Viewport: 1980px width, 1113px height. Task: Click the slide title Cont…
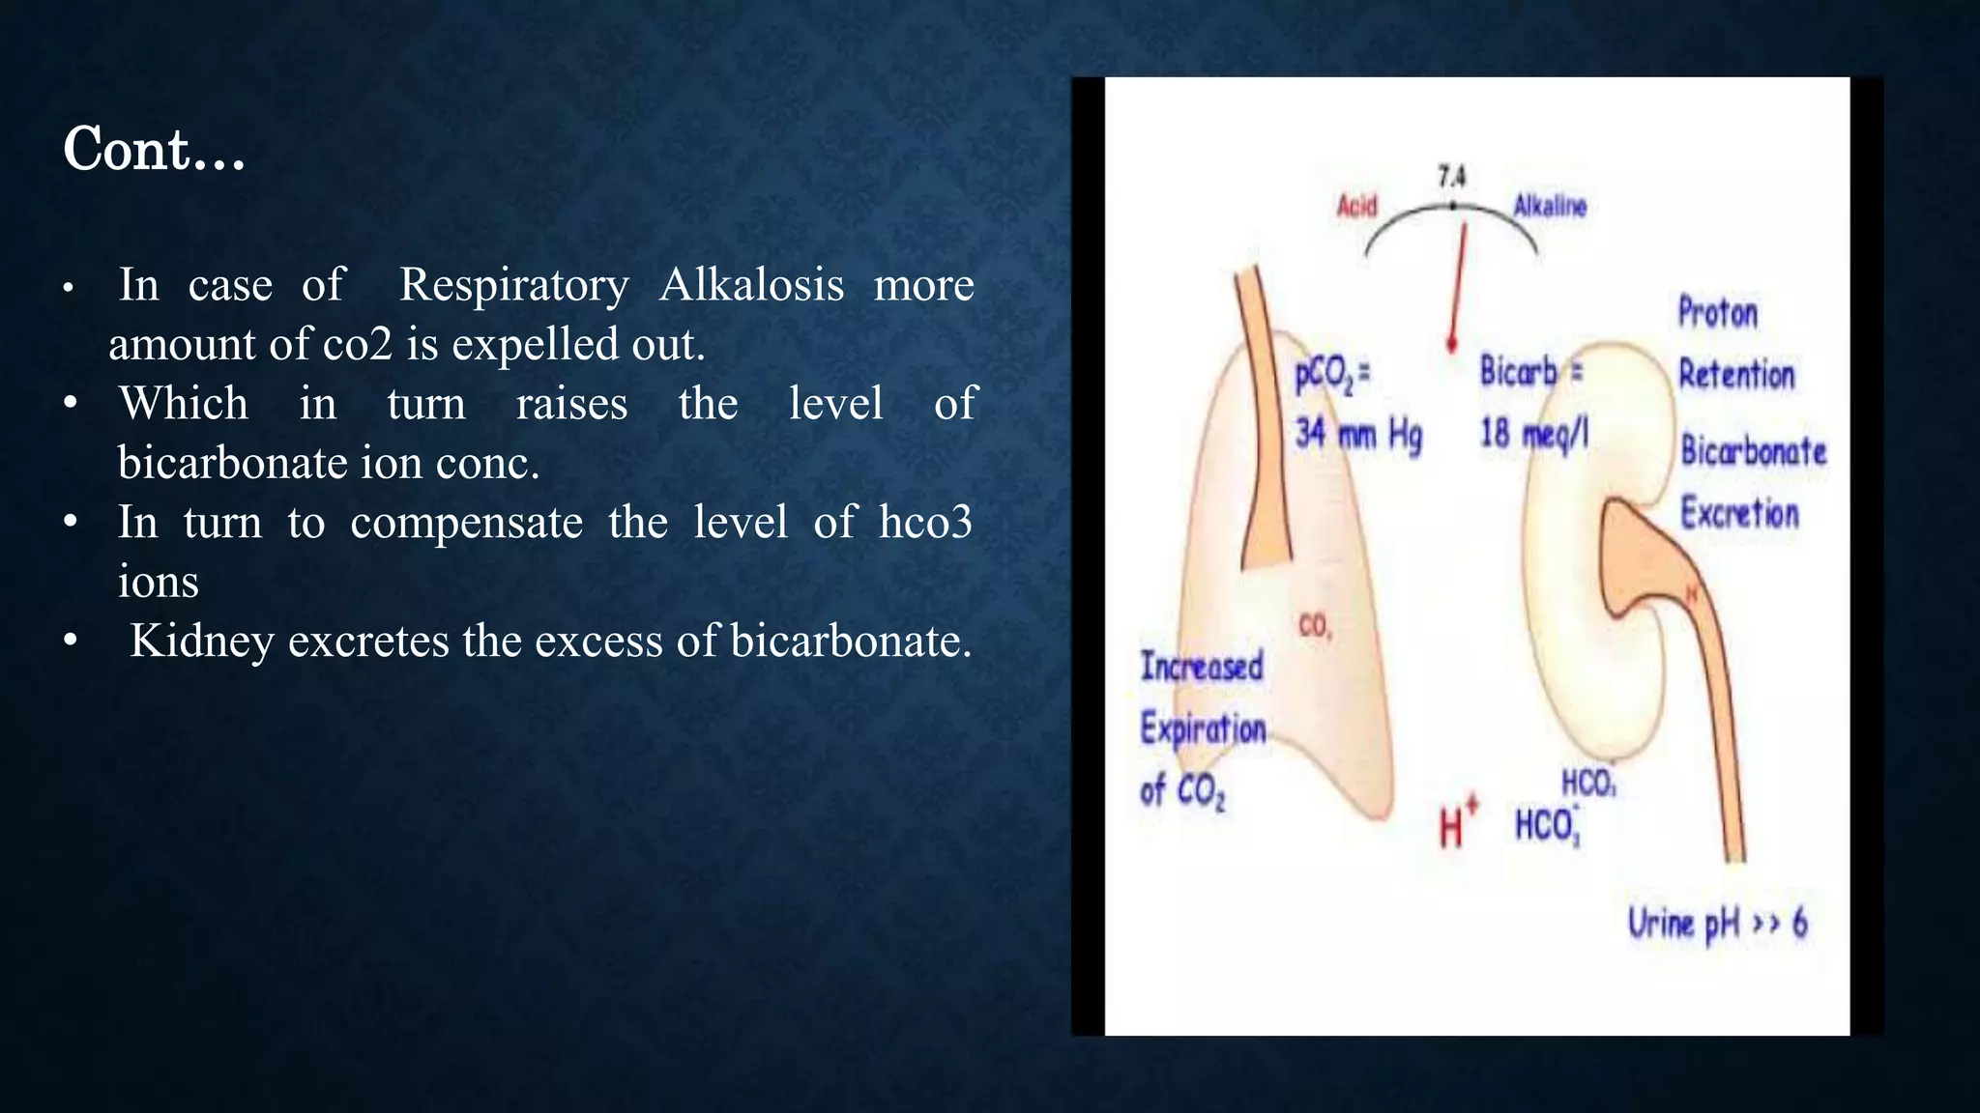pos(154,150)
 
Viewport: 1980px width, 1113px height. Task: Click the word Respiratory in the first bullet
pos(513,285)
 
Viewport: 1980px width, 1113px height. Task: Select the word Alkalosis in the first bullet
pos(751,285)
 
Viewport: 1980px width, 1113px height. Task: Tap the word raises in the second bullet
pos(571,404)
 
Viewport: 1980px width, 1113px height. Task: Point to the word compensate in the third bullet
pos(466,523)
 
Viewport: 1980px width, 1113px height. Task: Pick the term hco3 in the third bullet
pos(925,523)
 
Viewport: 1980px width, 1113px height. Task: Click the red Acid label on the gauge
pos(1356,206)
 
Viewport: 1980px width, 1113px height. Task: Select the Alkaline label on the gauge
pos(1550,206)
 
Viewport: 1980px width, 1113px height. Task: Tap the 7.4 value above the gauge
pos(1451,177)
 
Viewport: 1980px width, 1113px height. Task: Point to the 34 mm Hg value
pos(1358,435)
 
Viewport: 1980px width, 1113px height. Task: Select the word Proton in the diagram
pos(1717,313)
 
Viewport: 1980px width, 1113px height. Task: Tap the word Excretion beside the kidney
pos(1739,513)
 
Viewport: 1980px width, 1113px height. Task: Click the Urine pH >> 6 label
pos(1717,924)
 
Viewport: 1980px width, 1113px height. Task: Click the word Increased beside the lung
pos(1202,667)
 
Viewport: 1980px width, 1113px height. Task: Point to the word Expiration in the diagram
pos(1203,728)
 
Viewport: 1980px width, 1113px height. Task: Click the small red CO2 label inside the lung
pos(1315,626)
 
